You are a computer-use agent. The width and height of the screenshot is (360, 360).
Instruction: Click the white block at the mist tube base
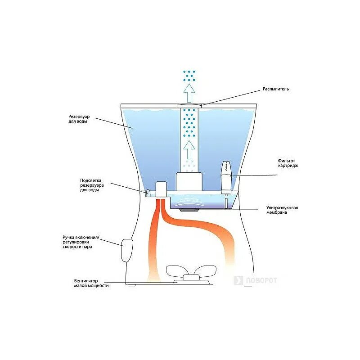188,181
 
